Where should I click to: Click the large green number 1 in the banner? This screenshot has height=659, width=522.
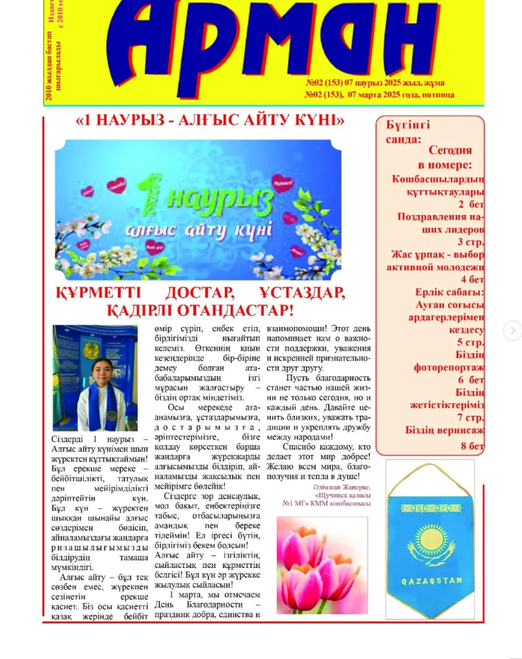151,191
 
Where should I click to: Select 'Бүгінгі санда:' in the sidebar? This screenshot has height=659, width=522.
409,131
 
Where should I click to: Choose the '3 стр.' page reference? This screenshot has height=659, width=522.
471,242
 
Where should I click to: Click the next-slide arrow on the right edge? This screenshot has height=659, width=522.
512,330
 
